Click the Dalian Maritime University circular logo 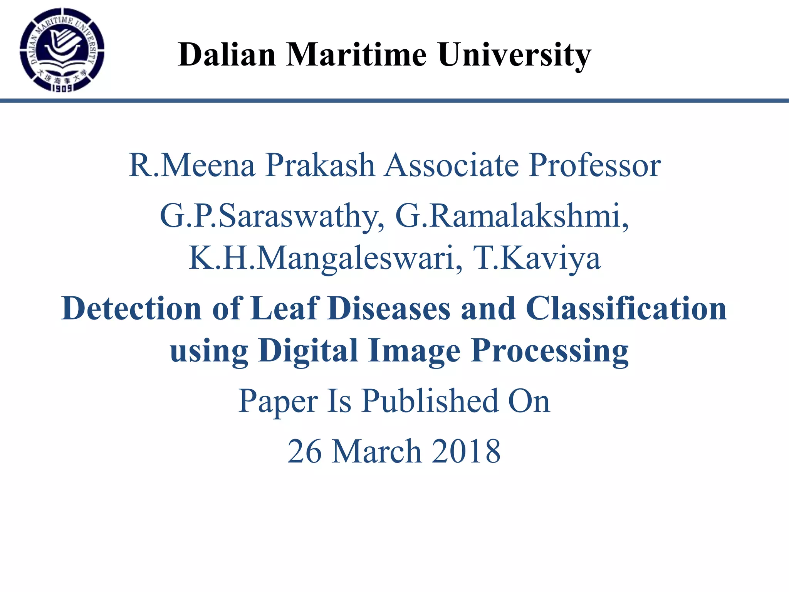click(62, 50)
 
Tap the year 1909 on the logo click(62, 88)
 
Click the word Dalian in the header click(227, 55)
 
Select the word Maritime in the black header click(356, 55)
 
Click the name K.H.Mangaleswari click(326, 258)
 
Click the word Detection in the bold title click(131, 308)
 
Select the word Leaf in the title click(284, 308)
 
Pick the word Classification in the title click(626, 308)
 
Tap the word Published click(430, 401)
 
